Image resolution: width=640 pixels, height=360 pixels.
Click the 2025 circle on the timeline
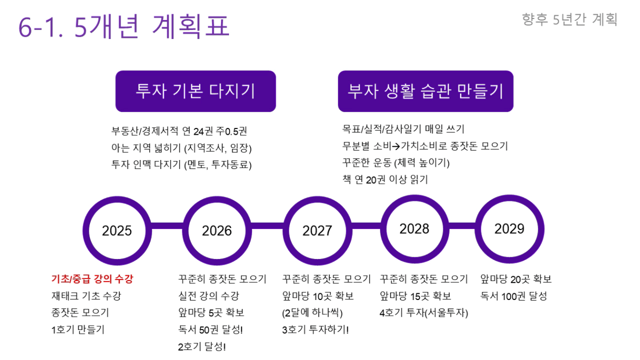pyautogui.click(x=86, y=231)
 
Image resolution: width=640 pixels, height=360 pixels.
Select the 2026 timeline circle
pyautogui.click(x=186, y=231)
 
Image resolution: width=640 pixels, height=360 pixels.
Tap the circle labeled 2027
pyautogui.click(x=286, y=231)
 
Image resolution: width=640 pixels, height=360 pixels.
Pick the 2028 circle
pyautogui.click(x=384, y=229)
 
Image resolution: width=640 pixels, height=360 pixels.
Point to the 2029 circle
pyautogui.click(x=478, y=229)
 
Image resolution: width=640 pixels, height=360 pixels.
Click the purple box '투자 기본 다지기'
pyautogui.click(x=196, y=91)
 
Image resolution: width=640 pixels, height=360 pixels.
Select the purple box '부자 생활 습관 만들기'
pyautogui.click(x=426, y=91)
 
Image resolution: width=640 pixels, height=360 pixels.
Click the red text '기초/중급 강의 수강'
pyautogui.click(x=92, y=279)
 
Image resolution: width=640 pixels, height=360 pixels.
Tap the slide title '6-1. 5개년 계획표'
pyautogui.click(x=124, y=26)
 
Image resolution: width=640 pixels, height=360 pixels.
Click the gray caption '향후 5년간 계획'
pyautogui.click(x=569, y=19)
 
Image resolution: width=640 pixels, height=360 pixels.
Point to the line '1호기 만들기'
pyautogui.click(x=78, y=329)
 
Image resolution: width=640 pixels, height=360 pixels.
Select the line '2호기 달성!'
pyautogui.click(x=202, y=347)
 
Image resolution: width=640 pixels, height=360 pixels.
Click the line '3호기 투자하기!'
pyautogui.click(x=315, y=329)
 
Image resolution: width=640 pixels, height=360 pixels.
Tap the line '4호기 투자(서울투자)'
pyautogui.click(x=424, y=313)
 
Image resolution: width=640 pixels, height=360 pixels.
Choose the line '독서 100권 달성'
pyautogui.click(x=514, y=296)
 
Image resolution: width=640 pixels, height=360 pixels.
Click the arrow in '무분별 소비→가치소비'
pyautogui.click(x=396, y=146)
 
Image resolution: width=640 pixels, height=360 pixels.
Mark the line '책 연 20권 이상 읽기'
pyautogui.click(x=385, y=179)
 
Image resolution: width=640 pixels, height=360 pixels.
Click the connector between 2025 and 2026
pyautogui.click(x=167, y=226)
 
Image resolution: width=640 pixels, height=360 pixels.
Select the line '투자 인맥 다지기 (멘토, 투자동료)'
pyautogui.click(x=182, y=165)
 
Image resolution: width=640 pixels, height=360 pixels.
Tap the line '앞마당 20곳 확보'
pyautogui.click(x=516, y=279)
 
